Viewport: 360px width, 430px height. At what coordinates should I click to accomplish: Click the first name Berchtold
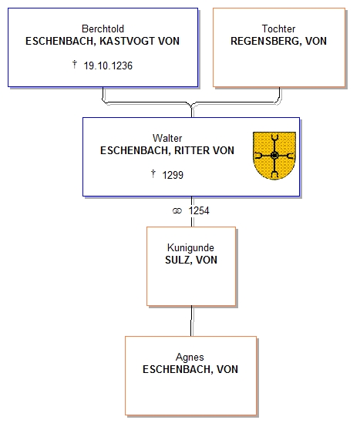pyautogui.click(x=103, y=29)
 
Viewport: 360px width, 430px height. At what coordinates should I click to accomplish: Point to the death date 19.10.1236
pyautogui.click(x=108, y=66)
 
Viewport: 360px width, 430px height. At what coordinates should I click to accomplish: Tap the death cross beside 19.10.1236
pyautogui.click(x=74, y=65)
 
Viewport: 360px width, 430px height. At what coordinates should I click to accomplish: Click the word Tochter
pyautogui.click(x=278, y=29)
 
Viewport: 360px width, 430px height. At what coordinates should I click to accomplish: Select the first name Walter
pyautogui.click(x=167, y=138)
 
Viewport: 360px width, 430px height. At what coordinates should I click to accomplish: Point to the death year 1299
pyautogui.click(x=173, y=175)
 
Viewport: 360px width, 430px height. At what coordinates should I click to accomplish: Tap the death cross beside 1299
pyautogui.click(x=153, y=174)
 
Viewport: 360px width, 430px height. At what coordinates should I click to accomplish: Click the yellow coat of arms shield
pyautogui.click(x=274, y=156)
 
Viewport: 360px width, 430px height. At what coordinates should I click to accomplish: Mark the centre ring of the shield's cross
pyautogui.click(x=274, y=156)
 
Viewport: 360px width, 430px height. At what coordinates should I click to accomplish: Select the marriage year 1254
pyautogui.click(x=199, y=211)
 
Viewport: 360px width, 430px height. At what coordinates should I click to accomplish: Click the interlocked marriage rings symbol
pyautogui.click(x=177, y=211)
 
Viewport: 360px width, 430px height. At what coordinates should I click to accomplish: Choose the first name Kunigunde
pyautogui.click(x=190, y=247)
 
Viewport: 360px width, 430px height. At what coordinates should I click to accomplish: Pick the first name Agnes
pyautogui.click(x=190, y=357)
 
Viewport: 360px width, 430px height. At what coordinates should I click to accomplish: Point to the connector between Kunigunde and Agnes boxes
pyautogui.click(x=191, y=321)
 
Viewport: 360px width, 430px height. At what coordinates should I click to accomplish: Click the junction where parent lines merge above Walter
pyautogui.click(x=191, y=105)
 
